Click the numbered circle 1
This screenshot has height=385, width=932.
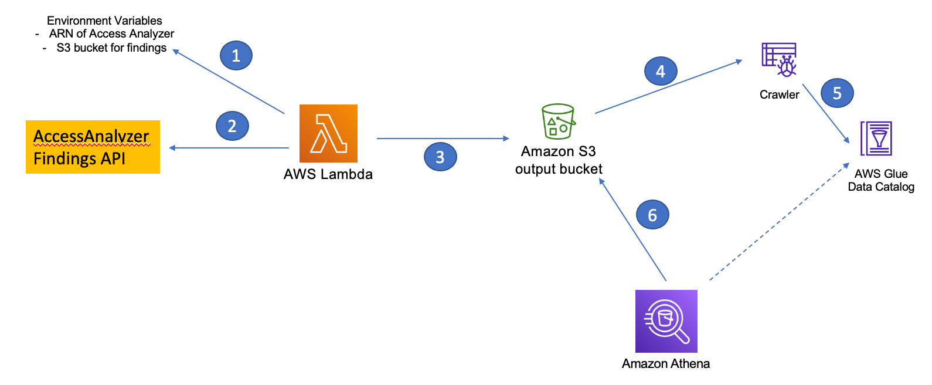point(236,56)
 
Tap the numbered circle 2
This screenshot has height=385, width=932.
point(232,126)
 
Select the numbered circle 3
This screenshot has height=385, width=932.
point(440,157)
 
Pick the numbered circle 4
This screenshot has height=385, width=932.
point(661,72)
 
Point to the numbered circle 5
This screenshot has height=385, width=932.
point(837,93)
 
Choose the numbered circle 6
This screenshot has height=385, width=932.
point(652,215)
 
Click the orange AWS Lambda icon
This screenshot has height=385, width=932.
point(328,133)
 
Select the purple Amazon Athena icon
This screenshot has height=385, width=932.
point(666,321)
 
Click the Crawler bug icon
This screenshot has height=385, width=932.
point(779,60)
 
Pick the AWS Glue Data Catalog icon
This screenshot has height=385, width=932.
point(876,139)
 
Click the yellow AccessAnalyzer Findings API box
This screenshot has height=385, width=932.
point(93,147)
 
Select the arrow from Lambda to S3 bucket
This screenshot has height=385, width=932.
point(443,139)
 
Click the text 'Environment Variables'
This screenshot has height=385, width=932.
point(104,21)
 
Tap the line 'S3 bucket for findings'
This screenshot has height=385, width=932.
point(111,48)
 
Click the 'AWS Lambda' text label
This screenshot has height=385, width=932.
point(328,174)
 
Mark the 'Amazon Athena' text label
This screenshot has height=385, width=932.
point(665,364)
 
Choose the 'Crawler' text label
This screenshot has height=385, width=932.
point(779,94)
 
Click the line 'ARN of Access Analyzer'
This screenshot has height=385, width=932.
point(111,34)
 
